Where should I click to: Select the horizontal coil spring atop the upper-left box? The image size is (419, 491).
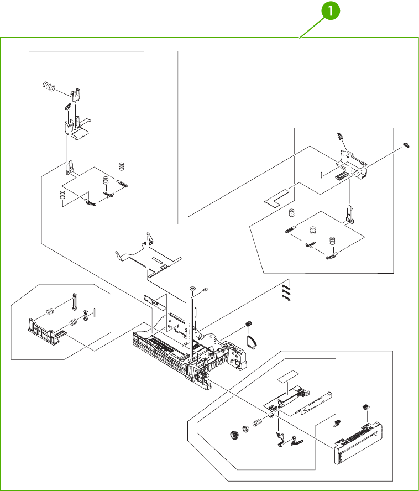tap(49, 86)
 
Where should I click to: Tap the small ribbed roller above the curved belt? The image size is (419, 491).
tap(248, 323)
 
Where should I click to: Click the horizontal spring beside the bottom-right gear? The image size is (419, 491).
tap(257, 424)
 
